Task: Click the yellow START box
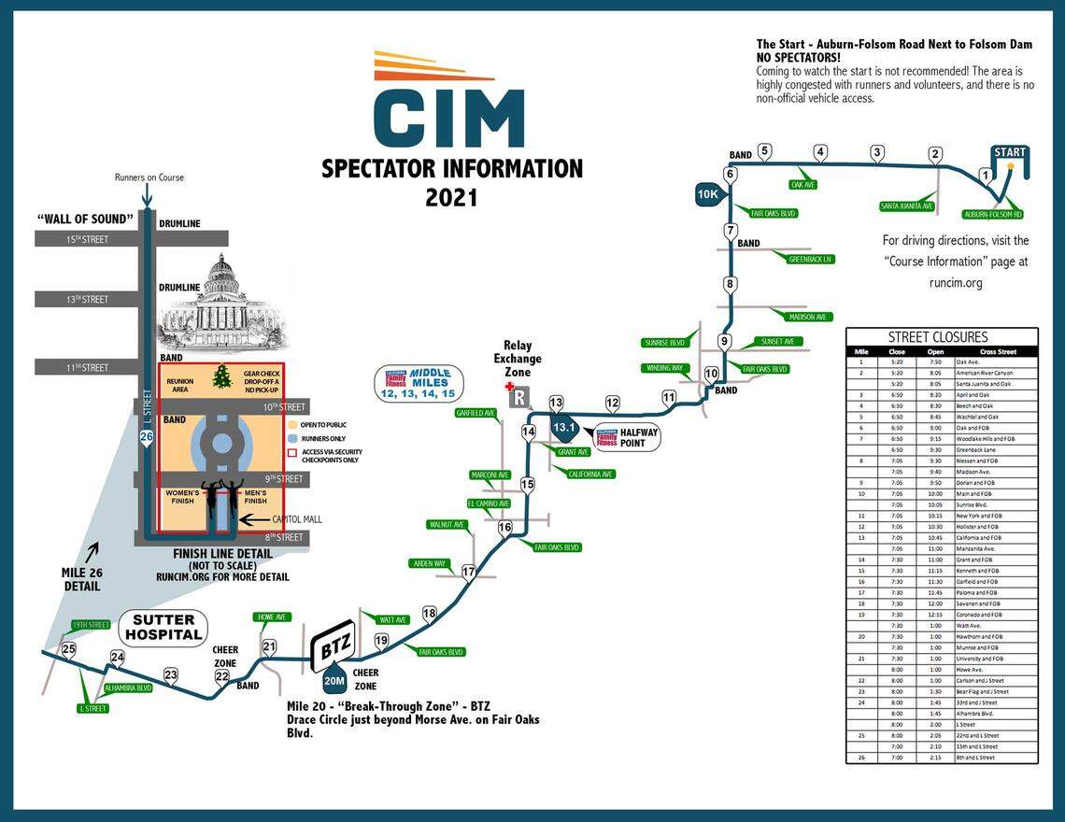click(1009, 152)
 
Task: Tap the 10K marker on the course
click(707, 194)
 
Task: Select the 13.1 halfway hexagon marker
click(562, 428)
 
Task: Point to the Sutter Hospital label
click(163, 627)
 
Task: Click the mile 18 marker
click(430, 614)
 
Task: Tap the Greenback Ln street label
click(809, 259)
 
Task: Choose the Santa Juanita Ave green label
click(907, 206)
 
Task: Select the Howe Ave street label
click(270, 617)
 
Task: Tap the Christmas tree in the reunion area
click(222, 376)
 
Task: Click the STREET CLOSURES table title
click(941, 337)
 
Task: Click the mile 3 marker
click(877, 152)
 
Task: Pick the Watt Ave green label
click(392, 619)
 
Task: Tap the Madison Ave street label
click(808, 317)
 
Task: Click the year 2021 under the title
click(451, 198)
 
